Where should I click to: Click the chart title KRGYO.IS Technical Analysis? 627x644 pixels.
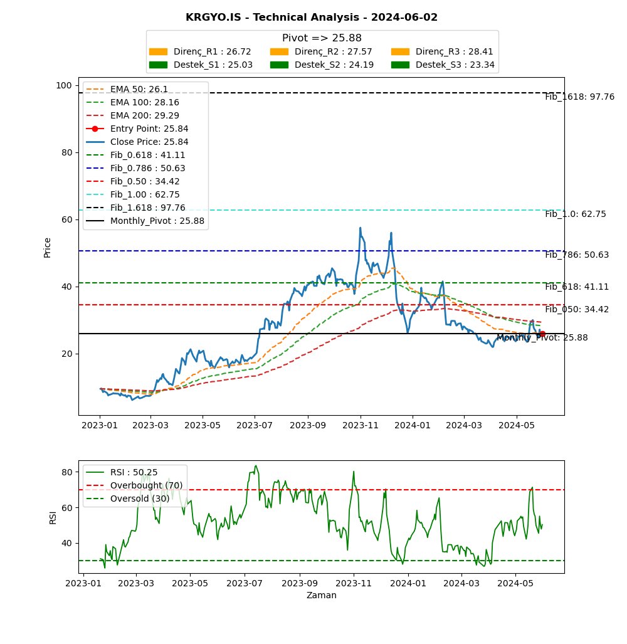click(x=312, y=18)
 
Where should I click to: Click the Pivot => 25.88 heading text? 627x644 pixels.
click(x=322, y=38)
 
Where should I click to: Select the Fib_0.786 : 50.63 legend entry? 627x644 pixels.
click(x=147, y=168)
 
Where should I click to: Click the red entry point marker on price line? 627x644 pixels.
click(x=542, y=334)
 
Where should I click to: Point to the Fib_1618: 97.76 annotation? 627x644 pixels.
click(x=579, y=97)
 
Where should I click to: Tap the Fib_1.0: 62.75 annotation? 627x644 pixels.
click(x=575, y=214)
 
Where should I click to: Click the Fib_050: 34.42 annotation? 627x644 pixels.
click(x=576, y=310)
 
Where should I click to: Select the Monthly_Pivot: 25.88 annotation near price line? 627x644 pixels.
click(x=542, y=338)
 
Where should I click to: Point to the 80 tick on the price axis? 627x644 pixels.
click(x=66, y=152)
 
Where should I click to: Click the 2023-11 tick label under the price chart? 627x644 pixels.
click(x=361, y=425)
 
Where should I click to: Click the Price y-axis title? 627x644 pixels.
click(x=48, y=248)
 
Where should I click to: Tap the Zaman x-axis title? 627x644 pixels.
click(x=321, y=596)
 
